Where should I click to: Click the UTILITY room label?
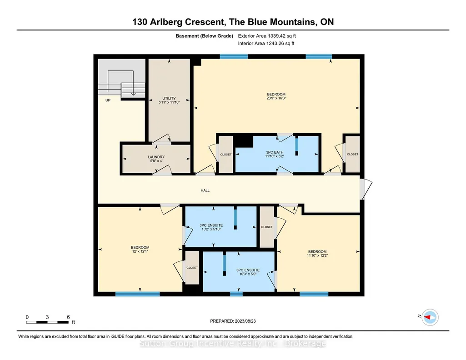169,98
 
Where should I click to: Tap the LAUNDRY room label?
156,157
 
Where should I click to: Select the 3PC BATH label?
275,152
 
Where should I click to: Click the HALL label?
205,190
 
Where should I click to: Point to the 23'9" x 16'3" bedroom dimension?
276,98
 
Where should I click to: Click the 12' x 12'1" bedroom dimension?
140,251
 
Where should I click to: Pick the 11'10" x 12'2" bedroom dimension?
317,255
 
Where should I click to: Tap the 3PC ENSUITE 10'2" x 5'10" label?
211,227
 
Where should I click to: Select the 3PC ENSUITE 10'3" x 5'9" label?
248,272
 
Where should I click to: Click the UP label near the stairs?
108,100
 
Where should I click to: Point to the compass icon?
430,317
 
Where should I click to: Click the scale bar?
48,322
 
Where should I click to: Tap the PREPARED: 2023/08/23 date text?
233,321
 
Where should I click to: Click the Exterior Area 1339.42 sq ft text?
267,36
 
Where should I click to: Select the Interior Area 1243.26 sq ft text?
266,43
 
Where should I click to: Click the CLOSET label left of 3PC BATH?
226,155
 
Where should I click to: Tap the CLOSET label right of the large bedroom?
352,155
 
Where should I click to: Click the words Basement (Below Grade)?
204,36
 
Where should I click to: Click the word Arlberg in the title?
166,22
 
